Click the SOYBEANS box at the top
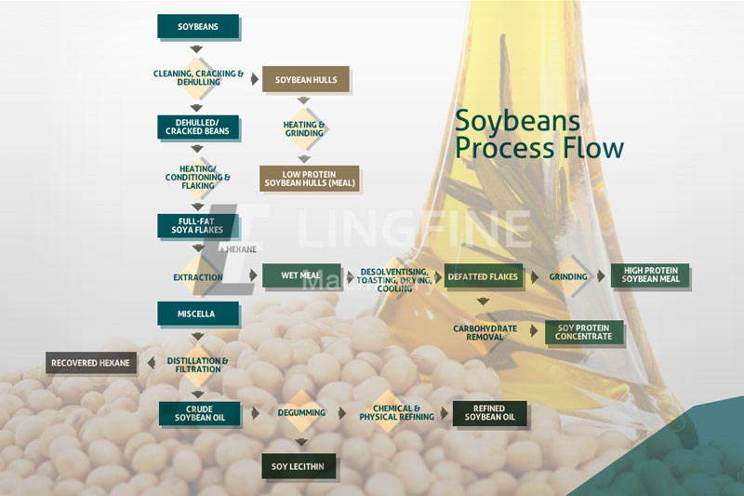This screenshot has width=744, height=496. [x=198, y=27]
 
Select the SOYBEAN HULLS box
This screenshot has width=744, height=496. [x=306, y=80]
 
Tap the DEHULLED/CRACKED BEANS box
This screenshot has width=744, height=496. [x=198, y=127]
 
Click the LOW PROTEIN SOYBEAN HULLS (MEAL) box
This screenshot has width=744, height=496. [x=310, y=179]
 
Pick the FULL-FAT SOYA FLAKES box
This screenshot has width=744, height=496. [x=198, y=226]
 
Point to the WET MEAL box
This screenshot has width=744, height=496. [x=301, y=275]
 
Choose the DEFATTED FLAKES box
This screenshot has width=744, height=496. [x=483, y=276]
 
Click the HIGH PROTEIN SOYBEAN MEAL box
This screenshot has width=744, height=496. [x=650, y=275]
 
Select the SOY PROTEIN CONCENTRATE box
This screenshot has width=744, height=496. [x=584, y=332]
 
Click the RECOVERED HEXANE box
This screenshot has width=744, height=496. [x=91, y=363]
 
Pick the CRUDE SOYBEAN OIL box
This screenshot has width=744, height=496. [x=199, y=413]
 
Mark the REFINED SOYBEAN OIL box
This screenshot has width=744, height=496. [x=490, y=413]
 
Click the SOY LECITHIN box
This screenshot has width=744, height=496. [x=299, y=466]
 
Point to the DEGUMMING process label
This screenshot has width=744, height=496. [x=301, y=413]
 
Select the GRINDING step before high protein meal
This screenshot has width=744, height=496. [x=568, y=276]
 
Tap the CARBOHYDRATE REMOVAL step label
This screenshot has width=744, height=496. [x=485, y=333]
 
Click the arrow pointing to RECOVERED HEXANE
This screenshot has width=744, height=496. [x=152, y=363]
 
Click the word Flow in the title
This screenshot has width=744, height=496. [x=587, y=148]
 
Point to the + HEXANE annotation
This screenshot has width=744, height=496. [x=238, y=249]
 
